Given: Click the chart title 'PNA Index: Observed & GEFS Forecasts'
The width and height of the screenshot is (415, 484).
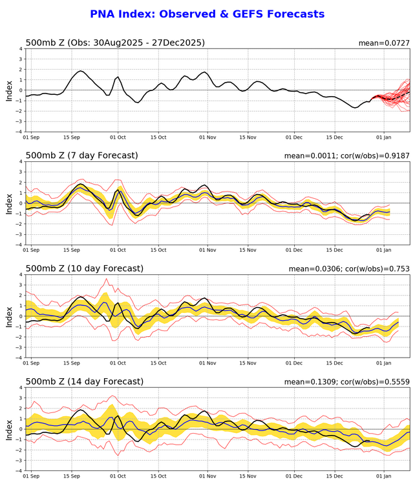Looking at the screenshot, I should coord(207,14).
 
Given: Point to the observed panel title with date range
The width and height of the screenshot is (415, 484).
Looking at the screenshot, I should coord(115,43).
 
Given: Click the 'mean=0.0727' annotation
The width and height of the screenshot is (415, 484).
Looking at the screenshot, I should coord(384,43).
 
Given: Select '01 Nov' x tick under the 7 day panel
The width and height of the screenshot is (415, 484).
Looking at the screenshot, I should coord(207,250).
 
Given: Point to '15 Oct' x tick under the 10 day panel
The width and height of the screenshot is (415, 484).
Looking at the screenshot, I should coord(158,363).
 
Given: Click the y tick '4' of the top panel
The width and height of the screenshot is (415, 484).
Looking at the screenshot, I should coord(20,48).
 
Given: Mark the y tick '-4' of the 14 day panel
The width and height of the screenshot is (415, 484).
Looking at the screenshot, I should coord(19,470).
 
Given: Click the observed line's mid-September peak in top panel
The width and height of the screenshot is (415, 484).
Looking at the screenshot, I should coord(80,71).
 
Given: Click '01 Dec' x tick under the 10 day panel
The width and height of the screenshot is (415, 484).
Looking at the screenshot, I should coord(294,363).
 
